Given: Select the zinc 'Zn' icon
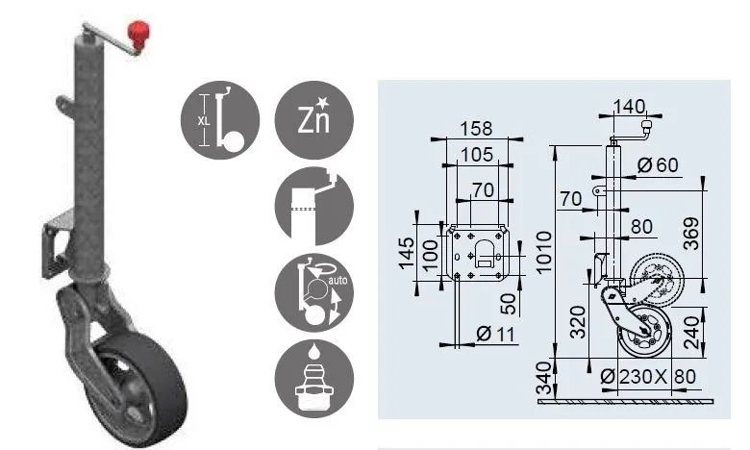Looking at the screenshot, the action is tap(313, 119).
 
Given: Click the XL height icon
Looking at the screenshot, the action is tap(220, 119).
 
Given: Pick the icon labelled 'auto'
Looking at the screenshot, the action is tap(313, 292).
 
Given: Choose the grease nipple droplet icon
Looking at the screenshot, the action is tap(313, 378).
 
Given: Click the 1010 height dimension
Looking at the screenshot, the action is tap(544, 252).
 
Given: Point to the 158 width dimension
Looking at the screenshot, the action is tap(476, 129).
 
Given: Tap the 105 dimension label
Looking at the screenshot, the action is tap(476, 155).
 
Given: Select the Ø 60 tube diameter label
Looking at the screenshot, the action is tap(658, 165).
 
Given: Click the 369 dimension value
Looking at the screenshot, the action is tap(691, 234).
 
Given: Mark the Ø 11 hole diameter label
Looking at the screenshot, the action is tap(495, 334).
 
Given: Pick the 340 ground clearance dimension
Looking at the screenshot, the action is tap(544, 378).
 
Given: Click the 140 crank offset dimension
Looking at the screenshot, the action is tap(629, 106).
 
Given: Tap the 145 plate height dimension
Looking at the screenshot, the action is tap(406, 254).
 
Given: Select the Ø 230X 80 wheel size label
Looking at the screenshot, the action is tap(648, 377).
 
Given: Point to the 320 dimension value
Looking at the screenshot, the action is tap(578, 322).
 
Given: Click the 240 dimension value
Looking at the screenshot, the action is tap(691, 332).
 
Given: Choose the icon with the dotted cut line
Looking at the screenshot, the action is tap(313, 206).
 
